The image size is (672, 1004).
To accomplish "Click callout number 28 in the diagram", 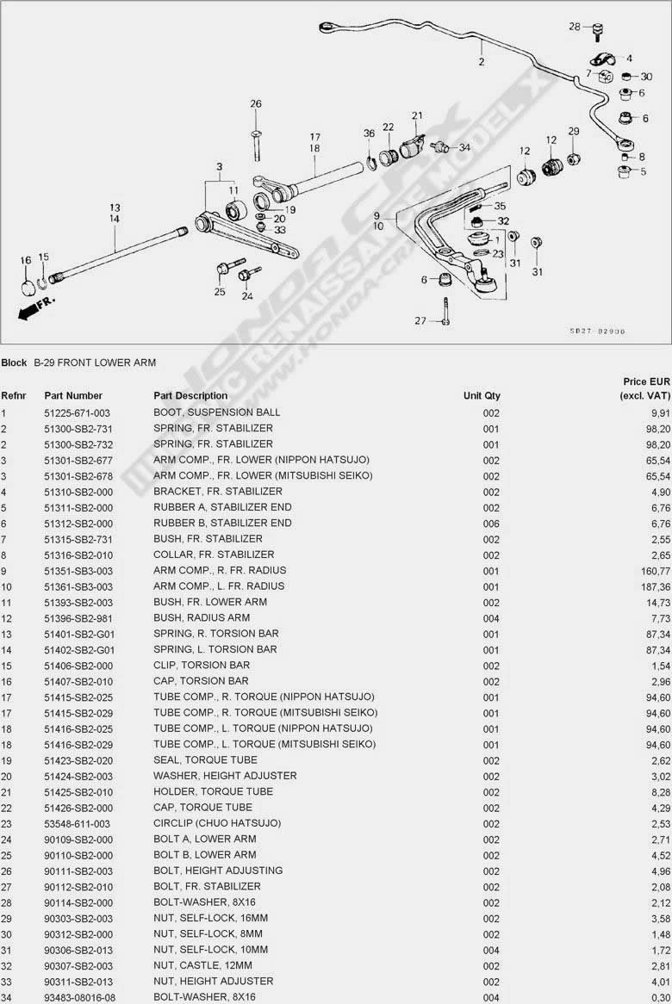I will pos(575,28).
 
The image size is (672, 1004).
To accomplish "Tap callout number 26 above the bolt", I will pos(256,104).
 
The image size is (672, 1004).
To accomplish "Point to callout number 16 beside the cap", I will pos(26,260).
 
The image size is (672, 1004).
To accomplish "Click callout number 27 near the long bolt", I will pos(420,321).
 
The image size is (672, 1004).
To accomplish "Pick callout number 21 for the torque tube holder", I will pos(417,115).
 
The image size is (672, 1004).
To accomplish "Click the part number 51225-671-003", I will pos(78,412).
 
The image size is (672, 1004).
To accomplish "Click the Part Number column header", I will pos(73,396).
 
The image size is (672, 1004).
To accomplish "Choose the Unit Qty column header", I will pos(482,396).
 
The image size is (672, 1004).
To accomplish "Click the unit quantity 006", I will pos(491,524).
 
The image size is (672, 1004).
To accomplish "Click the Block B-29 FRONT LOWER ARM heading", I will pos(78,363).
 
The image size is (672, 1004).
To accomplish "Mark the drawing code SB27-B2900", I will pos(597,331).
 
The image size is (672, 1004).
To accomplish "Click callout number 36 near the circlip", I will pos(369,133).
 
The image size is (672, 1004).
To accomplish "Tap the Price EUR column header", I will pos(645,388).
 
